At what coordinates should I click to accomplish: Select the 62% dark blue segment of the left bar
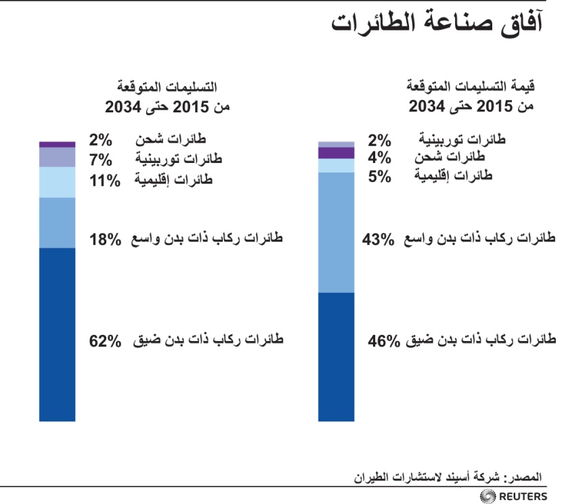coord(57,334)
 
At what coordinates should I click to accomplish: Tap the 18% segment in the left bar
coord(57,223)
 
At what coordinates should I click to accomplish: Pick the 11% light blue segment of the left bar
coord(57,182)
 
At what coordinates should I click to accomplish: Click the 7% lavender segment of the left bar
coord(57,157)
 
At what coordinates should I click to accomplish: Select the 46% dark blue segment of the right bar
coord(336,357)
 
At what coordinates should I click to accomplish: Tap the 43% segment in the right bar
coord(336,232)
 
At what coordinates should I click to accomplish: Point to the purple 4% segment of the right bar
coord(336,153)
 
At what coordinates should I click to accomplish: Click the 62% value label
coord(105,340)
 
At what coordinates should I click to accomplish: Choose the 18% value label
coord(105,239)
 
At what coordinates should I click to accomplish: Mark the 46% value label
coord(384,341)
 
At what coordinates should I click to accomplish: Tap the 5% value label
coord(379,177)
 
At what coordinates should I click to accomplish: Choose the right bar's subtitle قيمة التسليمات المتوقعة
coord(471,87)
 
